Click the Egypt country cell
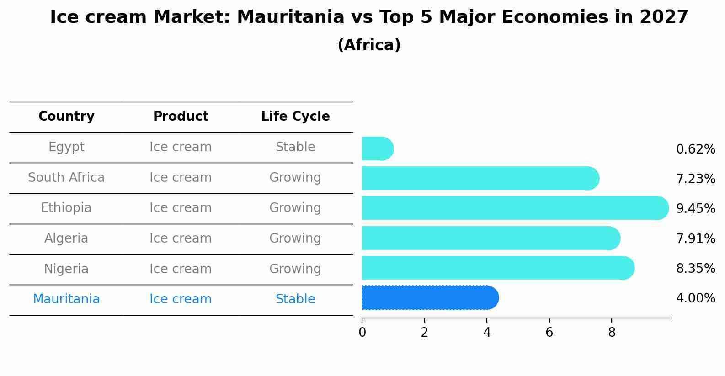point(66,147)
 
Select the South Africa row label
point(66,177)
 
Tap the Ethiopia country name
point(66,208)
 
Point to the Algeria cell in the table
point(66,238)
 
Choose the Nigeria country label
point(66,269)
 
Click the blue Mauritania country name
point(66,299)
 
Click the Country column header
point(66,116)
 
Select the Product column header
point(181,116)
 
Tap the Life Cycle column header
point(295,116)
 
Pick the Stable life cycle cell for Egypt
point(295,147)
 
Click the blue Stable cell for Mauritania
point(295,299)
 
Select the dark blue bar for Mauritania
point(431,298)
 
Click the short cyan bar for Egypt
point(378,148)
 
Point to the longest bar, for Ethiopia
point(515,208)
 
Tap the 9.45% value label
point(696,208)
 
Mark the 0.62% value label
point(696,149)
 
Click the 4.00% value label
point(696,298)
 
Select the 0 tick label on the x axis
point(362,332)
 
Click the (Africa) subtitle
point(369,45)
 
